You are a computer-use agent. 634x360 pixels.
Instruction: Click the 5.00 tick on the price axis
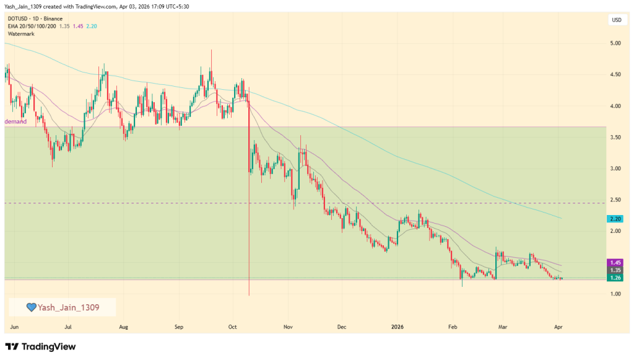(615, 43)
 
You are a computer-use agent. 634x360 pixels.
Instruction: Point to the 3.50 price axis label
(615, 137)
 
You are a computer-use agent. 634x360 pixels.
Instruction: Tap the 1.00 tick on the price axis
(615, 294)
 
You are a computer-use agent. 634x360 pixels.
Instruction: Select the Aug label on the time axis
(124, 325)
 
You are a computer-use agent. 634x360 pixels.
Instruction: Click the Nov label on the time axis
(287, 325)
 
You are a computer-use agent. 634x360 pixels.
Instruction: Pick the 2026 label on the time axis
(397, 325)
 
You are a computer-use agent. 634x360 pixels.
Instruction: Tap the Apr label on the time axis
(558, 325)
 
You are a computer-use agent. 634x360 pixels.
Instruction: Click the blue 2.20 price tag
(616, 219)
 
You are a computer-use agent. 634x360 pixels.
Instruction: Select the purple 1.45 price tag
(616, 263)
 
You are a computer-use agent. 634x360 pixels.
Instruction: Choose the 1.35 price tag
(616, 270)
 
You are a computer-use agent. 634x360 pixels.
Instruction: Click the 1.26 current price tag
(616, 278)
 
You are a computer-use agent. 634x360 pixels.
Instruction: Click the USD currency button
(616, 20)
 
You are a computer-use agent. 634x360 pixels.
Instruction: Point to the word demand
(16, 122)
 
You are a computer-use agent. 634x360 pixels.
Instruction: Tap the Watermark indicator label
(22, 33)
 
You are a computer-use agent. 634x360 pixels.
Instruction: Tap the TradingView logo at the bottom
(40, 346)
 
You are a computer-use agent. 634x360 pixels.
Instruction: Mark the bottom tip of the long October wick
(249, 295)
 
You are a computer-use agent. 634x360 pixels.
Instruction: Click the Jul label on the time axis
(69, 325)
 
